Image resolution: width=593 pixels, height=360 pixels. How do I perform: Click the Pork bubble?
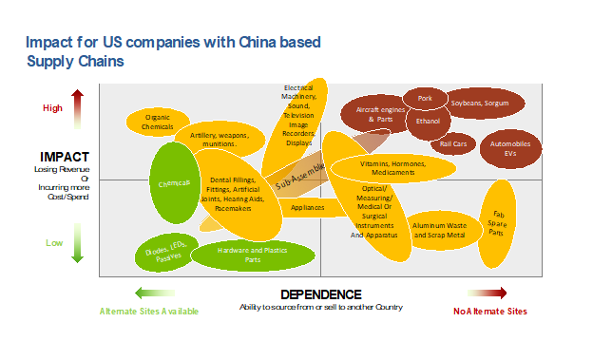[x=425, y=97]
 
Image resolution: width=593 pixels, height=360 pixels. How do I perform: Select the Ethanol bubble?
[x=428, y=122]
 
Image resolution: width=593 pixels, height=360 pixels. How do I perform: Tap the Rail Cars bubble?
[x=453, y=144]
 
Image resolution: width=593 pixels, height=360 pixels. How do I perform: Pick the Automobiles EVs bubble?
[x=511, y=147]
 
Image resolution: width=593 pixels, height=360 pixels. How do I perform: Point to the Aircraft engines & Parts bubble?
[x=377, y=115]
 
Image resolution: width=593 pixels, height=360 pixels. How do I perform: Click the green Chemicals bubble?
[x=174, y=182]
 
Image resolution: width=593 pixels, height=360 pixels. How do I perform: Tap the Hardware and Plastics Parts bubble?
[x=252, y=256]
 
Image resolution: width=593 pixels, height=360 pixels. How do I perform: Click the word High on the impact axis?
[x=52, y=108]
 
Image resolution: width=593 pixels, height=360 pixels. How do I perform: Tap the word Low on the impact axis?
[x=54, y=243]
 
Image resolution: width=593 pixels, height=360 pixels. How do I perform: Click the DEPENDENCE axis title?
[x=321, y=294]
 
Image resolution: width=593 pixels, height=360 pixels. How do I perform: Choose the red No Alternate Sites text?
[x=489, y=311]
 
